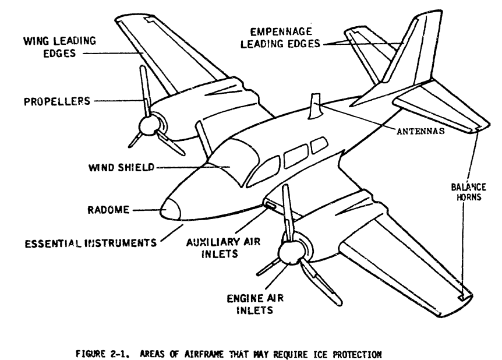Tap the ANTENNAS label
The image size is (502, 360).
click(x=417, y=131)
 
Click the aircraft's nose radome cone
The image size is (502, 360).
click(x=170, y=208)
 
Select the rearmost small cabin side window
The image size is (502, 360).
click(x=319, y=146)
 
